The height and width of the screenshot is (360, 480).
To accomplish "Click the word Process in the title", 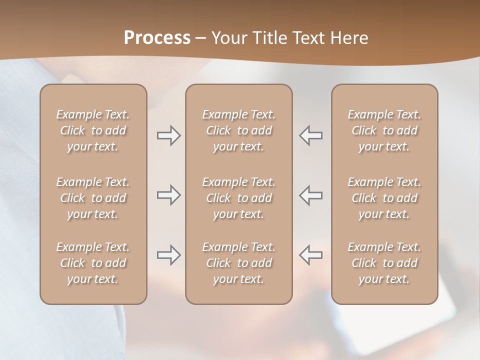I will click(x=157, y=38).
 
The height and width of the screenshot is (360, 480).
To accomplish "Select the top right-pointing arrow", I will click(x=168, y=135).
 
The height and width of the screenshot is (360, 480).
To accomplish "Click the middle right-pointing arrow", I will click(x=168, y=195).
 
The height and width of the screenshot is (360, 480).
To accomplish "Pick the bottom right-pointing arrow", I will click(x=168, y=255).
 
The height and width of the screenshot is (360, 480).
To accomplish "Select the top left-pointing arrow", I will click(x=310, y=135).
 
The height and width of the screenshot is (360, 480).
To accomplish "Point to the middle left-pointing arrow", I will click(x=310, y=195).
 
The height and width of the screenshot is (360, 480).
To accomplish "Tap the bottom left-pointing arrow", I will click(x=310, y=255).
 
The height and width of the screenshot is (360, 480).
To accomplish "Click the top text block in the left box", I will click(x=93, y=130).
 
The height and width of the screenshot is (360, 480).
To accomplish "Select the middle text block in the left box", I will click(x=93, y=198).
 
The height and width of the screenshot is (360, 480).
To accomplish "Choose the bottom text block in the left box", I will click(x=93, y=263).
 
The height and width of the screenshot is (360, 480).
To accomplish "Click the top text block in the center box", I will click(x=239, y=130).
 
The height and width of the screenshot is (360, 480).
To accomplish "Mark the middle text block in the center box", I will click(x=239, y=198).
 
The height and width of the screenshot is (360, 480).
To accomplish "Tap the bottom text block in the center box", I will click(x=239, y=263).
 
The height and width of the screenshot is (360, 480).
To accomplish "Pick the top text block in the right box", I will click(x=384, y=130).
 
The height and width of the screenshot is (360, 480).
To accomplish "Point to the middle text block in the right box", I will click(x=384, y=198).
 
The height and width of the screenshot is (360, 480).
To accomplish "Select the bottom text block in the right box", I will click(x=384, y=263).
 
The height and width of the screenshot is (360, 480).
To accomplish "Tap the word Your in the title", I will click(x=228, y=38).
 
